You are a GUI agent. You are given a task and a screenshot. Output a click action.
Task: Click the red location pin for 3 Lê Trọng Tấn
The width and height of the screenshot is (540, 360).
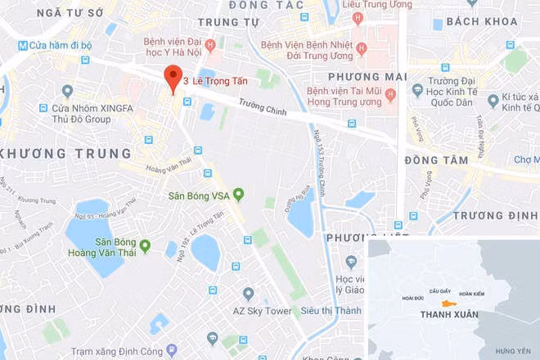pyautogui.click(x=173, y=78)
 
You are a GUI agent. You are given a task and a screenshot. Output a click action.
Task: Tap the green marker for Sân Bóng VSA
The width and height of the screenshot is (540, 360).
pyautogui.click(x=238, y=194)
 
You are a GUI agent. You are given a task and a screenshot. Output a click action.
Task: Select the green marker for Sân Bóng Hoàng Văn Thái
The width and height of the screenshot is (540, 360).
pyautogui.click(x=145, y=245)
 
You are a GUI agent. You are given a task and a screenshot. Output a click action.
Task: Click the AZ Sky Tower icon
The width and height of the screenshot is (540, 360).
pyautogui.click(x=249, y=293)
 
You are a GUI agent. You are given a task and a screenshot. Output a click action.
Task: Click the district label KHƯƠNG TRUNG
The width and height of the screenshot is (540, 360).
pyautogui.click(x=67, y=154)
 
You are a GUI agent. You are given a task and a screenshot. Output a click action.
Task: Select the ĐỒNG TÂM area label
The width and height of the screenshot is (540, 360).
pyautogui.click(x=436, y=160)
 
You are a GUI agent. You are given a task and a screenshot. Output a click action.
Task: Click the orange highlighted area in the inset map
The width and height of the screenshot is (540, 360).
pyautogui.click(x=448, y=302)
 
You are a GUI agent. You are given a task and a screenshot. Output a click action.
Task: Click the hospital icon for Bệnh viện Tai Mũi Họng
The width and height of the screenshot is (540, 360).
pyautogui.click(x=390, y=95)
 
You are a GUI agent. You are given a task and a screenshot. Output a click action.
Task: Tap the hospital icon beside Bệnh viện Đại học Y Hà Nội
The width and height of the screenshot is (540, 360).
pyautogui.click(x=211, y=44)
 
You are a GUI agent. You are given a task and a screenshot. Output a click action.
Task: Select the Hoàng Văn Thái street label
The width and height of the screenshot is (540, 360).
pyautogui.click(x=168, y=166)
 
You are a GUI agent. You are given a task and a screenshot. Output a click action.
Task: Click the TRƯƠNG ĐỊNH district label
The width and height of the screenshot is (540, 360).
pyautogui.click(x=495, y=215)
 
